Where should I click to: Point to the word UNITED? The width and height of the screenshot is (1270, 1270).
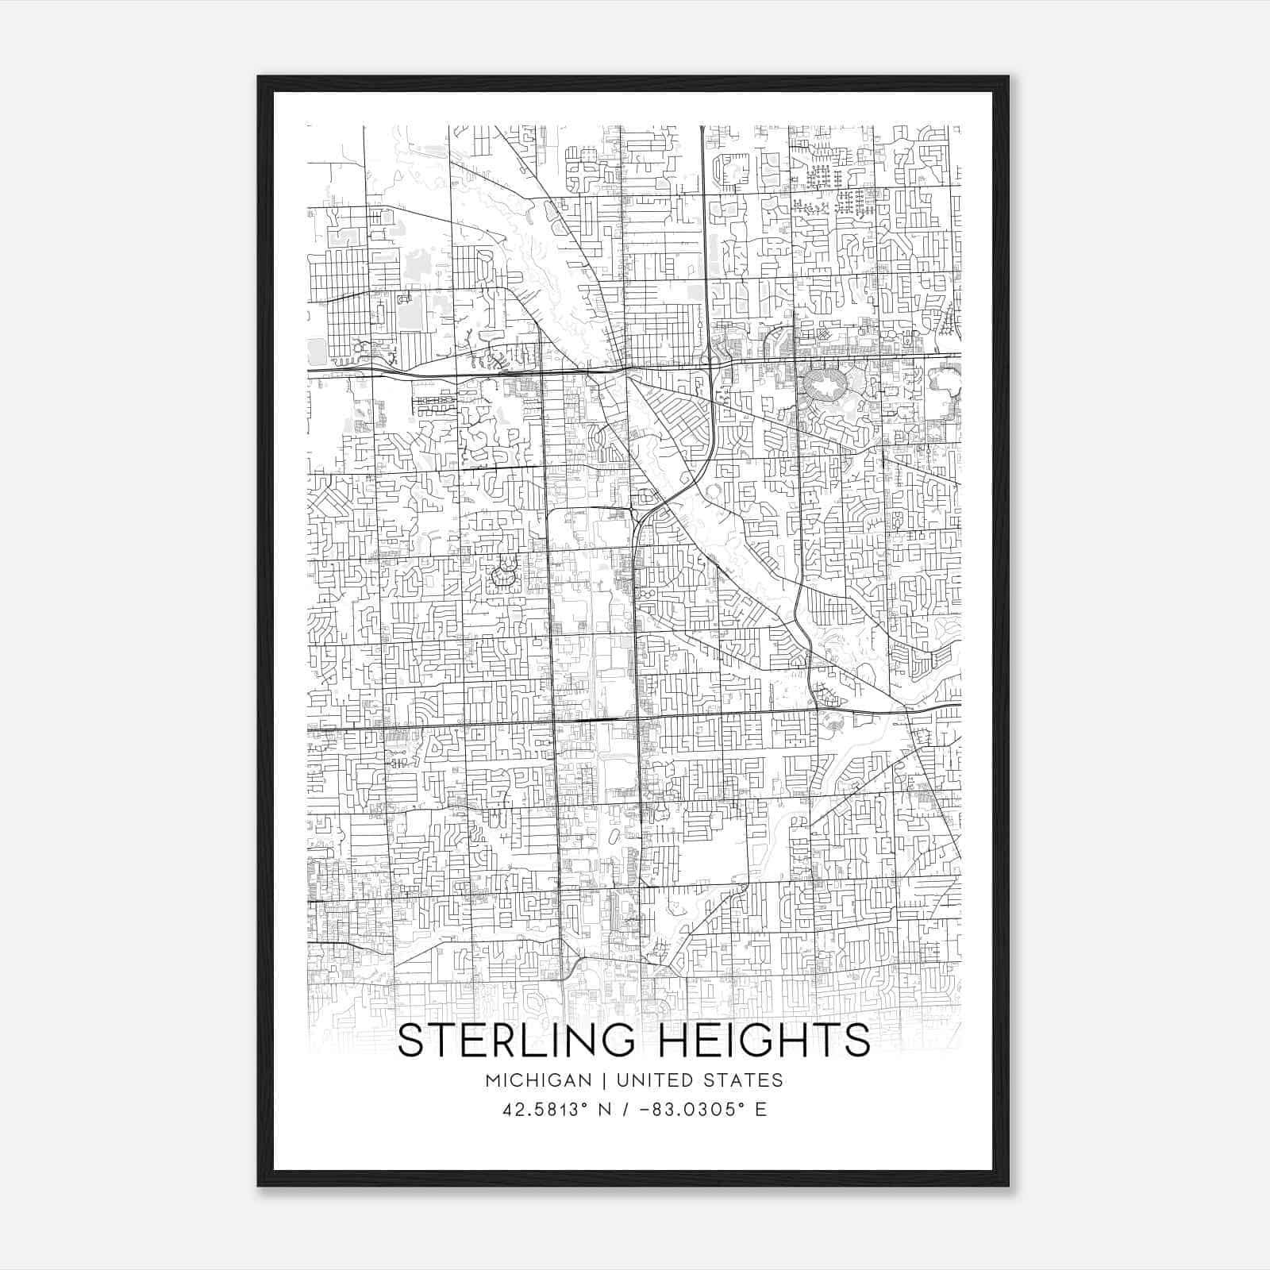[651, 1080]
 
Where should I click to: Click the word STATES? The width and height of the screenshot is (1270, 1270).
[745, 1080]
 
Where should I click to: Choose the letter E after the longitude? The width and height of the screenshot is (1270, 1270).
[761, 1110]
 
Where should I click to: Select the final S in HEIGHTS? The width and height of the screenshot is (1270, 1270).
[858, 1041]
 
